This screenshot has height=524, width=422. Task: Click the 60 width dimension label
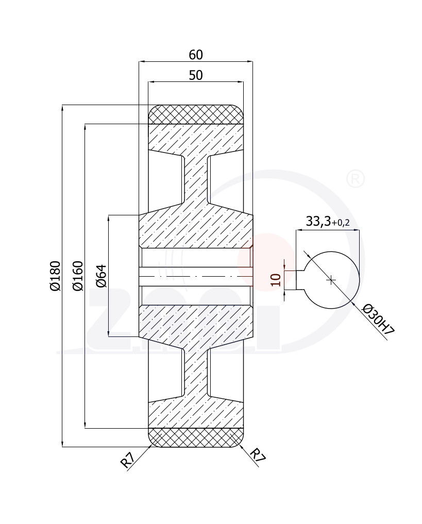click(196, 55)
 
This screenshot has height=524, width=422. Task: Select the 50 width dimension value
click(196, 75)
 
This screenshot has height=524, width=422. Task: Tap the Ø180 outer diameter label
click(56, 276)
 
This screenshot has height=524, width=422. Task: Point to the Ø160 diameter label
click(77, 276)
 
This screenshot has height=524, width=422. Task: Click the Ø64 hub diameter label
click(101, 276)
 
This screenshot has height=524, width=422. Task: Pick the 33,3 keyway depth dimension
click(318, 221)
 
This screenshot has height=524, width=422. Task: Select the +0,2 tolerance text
click(341, 223)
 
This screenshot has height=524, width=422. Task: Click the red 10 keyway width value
click(276, 279)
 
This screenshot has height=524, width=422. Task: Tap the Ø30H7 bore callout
click(379, 319)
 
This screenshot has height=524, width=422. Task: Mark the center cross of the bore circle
click(331, 280)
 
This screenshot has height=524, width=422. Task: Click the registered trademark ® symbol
click(356, 179)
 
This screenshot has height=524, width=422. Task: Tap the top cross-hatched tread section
click(196, 114)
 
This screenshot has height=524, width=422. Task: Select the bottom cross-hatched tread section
click(196, 437)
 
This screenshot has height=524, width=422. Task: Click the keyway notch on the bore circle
click(299, 280)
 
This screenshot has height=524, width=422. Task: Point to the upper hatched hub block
click(196, 231)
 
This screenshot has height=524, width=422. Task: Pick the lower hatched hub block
click(196, 322)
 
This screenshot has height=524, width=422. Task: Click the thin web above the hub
click(196, 180)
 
